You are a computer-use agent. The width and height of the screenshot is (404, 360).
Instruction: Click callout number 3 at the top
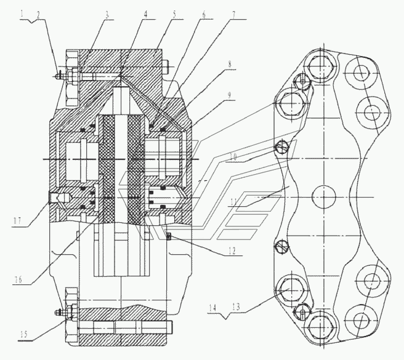107,15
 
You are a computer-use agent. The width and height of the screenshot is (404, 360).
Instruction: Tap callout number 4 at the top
145,14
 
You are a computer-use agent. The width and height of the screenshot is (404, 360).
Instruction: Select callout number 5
174,14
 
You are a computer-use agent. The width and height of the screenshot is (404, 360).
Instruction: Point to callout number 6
204,14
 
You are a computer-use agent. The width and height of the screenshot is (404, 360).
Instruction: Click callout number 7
233,15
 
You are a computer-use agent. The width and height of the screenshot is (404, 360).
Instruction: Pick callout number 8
230,64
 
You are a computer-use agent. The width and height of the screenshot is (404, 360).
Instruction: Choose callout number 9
229,95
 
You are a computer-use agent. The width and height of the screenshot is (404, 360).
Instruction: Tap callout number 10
233,157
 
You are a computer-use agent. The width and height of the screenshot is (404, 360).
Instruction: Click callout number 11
233,202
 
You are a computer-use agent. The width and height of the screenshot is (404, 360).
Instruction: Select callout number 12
232,250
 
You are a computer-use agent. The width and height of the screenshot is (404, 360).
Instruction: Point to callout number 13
236,307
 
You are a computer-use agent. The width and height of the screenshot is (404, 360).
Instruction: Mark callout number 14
212,308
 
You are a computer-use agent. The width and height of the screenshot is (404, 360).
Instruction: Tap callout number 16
17,279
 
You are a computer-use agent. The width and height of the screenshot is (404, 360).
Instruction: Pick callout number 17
17,221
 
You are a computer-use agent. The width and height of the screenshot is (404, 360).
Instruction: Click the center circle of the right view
323,197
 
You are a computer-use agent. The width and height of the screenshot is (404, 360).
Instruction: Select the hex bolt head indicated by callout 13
291,289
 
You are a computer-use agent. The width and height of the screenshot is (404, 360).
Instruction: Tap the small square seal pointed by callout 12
169,235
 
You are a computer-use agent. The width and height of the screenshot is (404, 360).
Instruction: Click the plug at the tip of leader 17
50,198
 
